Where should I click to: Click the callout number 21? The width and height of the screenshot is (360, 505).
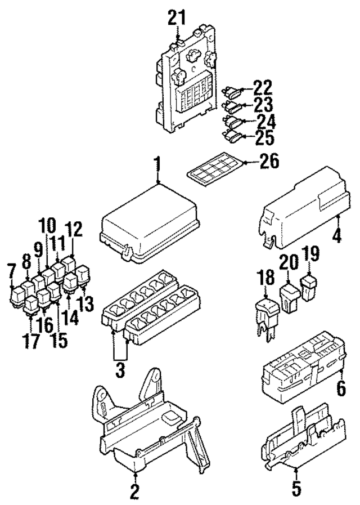point(175,18)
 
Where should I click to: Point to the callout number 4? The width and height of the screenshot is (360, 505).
point(336,235)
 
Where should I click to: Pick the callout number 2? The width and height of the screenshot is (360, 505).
point(134,491)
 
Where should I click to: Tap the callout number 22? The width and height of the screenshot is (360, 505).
point(262,88)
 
